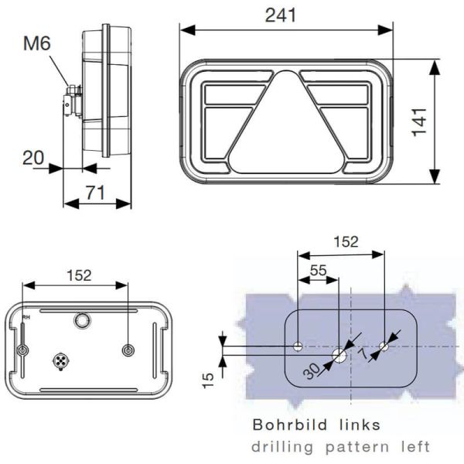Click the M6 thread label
click(37, 44)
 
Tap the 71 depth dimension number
click(95, 193)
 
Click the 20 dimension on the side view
click(32, 158)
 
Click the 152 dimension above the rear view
click(79, 275)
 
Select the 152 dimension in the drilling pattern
click(345, 241)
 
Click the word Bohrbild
click(285, 425)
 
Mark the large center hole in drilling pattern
click(339, 355)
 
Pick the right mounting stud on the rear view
click(128, 351)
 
